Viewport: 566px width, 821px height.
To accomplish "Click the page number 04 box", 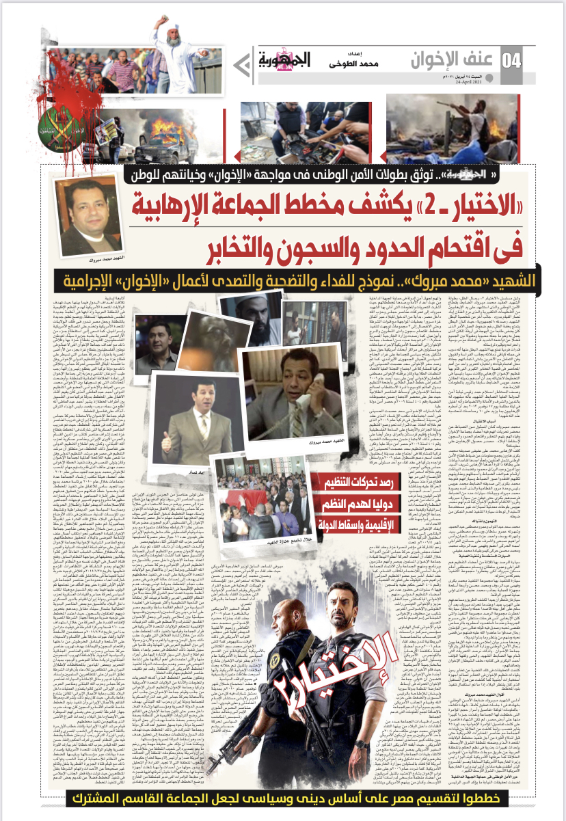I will point(511,61).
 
